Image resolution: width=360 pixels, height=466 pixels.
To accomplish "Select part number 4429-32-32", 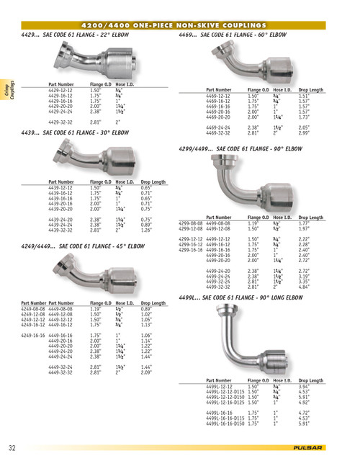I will click(63, 123).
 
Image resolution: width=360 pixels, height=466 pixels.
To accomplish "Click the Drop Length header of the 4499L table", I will click(310, 380).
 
